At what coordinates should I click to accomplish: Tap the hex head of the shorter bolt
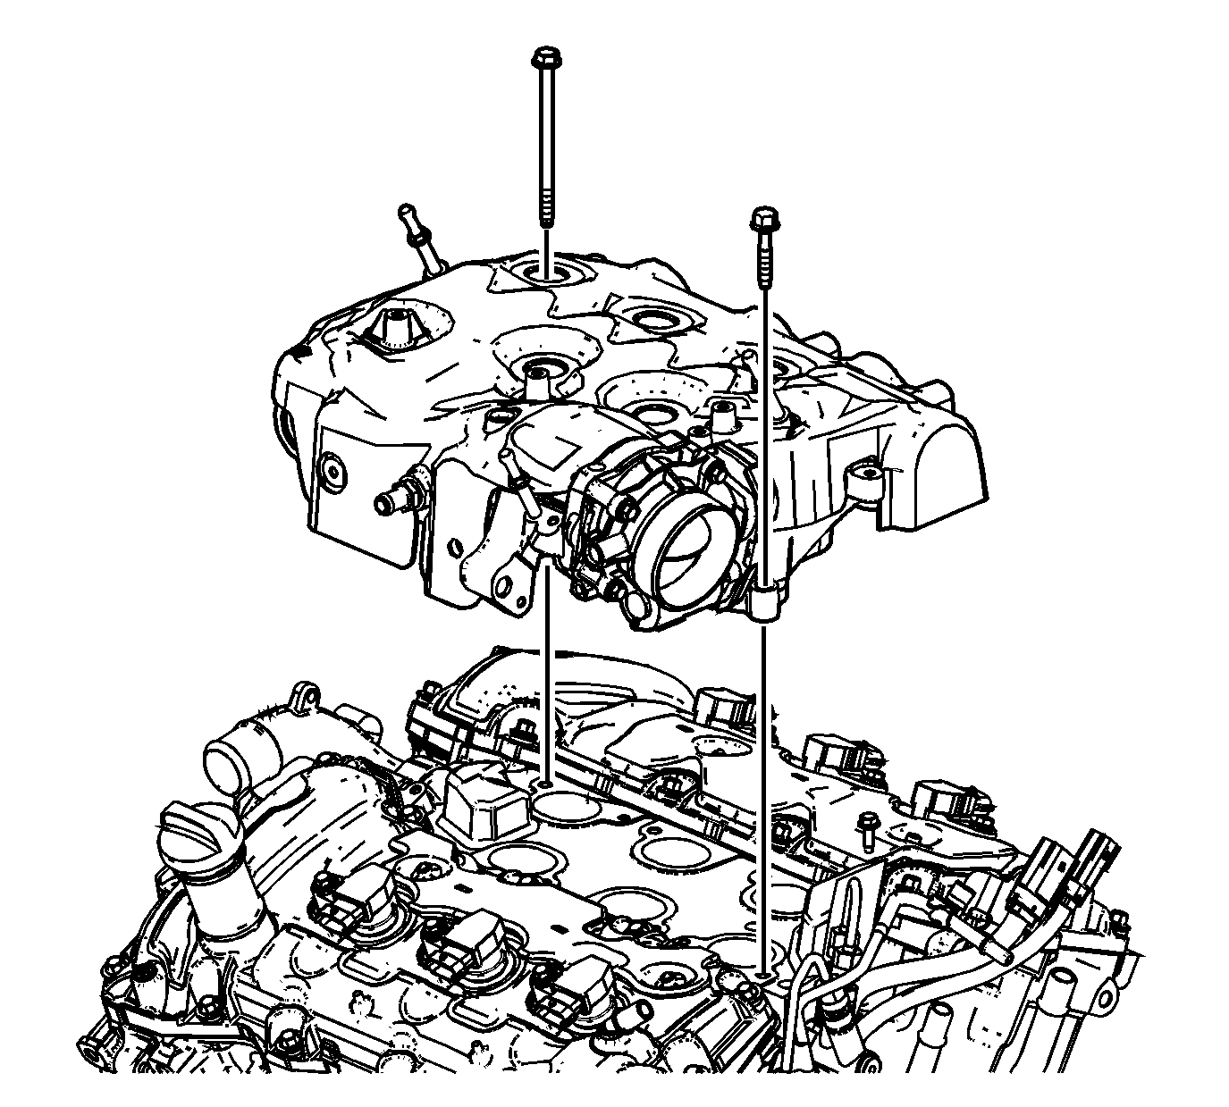(x=762, y=217)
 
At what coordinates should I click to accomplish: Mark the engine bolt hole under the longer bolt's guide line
(x=545, y=784)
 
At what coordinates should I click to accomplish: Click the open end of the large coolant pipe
(x=225, y=767)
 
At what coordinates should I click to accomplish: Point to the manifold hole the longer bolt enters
(x=545, y=270)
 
